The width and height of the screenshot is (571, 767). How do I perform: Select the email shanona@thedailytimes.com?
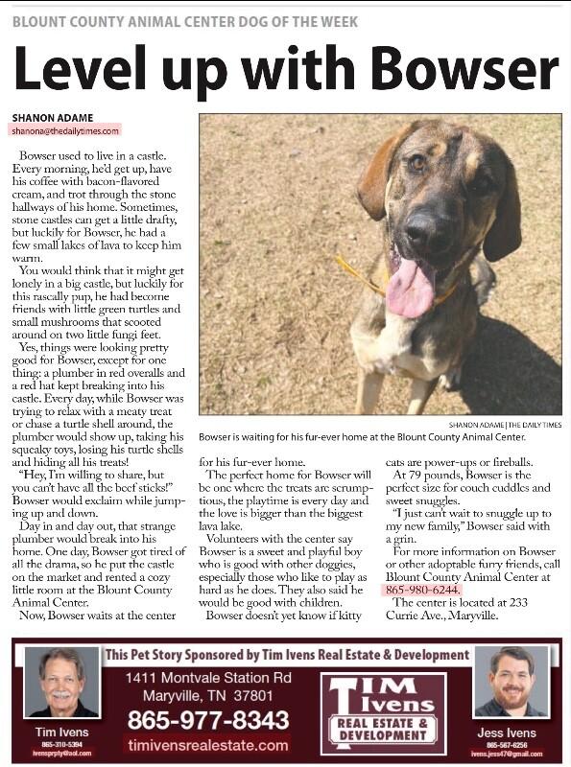pos(66,130)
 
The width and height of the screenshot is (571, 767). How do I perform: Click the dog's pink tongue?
pos(411,287)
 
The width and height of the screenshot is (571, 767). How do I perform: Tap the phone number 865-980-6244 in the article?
pos(423,590)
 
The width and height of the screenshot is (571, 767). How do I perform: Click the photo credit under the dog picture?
pos(506,425)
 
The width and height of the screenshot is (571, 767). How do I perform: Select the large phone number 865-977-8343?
pos(208,719)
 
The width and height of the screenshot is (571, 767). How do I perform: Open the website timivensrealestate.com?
pos(207,745)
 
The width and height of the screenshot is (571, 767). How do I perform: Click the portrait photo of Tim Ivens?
pos(61,681)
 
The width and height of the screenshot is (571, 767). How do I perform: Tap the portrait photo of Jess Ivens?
pos(511,681)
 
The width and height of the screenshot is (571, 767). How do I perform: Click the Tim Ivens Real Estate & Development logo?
pos(383,712)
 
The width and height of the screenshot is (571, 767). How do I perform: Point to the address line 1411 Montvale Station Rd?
pos(207,678)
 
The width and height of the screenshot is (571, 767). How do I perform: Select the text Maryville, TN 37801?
pos(207,694)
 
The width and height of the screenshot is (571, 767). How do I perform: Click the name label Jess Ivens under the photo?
pos(511,733)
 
